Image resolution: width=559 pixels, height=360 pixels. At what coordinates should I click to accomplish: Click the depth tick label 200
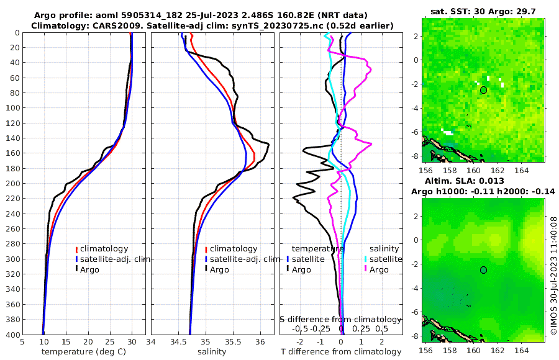pyautogui.click(x=12, y=184)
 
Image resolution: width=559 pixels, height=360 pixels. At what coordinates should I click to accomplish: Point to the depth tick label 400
pyautogui.click(x=12, y=335)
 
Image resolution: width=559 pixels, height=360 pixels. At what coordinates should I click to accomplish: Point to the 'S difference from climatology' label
pyautogui.click(x=340, y=319)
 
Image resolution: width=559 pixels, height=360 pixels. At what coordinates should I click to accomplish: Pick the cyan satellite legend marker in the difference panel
pyautogui.click(x=366, y=259)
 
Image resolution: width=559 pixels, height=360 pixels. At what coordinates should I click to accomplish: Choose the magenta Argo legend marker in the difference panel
pyautogui.click(x=366, y=269)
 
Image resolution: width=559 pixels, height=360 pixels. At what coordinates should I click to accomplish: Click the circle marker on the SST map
pyautogui.click(x=483, y=90)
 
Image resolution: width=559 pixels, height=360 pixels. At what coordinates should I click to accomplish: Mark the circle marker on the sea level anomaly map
pyautogui.click(x=483, y=270)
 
